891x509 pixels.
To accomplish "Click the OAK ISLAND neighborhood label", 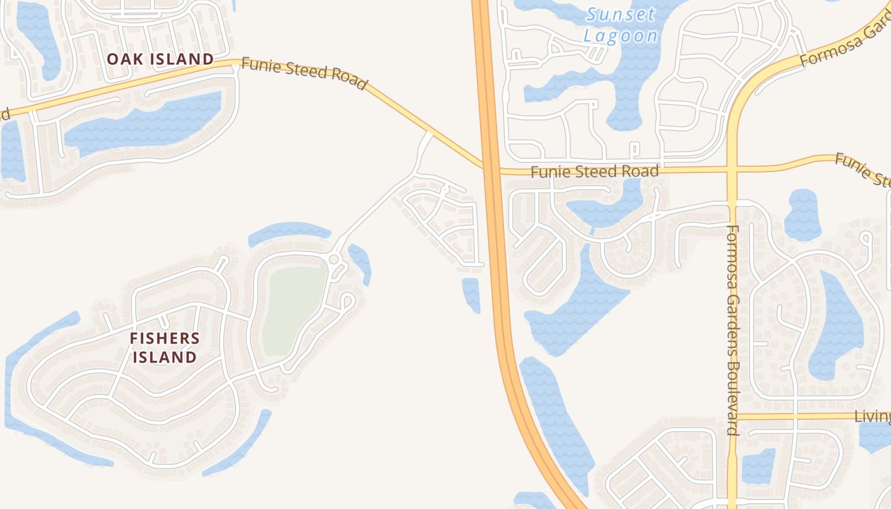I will (160, 59).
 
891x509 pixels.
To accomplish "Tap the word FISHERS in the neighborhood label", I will (165, 338).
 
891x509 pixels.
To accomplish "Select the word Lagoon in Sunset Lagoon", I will (621, 36).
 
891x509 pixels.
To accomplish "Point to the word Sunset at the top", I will (621, 14).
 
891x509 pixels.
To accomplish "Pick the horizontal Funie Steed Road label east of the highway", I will (594, 171).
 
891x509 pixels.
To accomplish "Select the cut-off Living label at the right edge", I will (872, 417).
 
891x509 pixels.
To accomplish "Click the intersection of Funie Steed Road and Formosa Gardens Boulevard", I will (732, 170).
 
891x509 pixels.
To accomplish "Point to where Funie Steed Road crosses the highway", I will (489, 169).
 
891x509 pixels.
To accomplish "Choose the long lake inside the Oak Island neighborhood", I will (143, 124).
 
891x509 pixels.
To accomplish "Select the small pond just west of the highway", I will (471, 294).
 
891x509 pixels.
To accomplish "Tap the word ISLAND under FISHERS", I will (165, 357).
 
